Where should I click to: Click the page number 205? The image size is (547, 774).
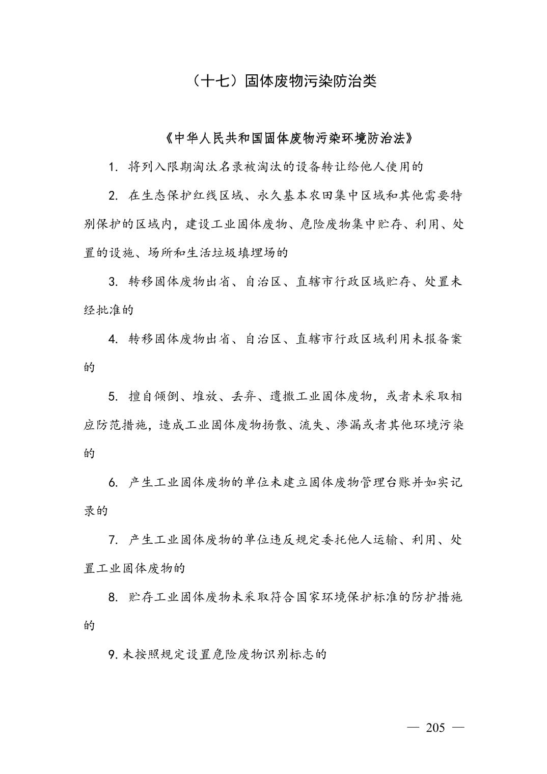[x=435, y=728]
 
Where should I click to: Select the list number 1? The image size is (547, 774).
[x=113, y=167]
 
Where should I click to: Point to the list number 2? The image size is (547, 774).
[x=113, y=196]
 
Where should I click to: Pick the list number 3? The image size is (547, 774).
[x=113, y=282]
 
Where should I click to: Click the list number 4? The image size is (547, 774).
[x=113, y=339]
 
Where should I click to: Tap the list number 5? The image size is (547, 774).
[x=113, y=397]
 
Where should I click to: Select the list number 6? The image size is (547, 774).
[x=113, y=483]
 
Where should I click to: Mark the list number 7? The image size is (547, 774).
[x=113, y=540]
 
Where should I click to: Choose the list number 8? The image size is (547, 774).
[x=113, y=597]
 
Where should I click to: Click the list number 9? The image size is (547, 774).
[x=113, y=655]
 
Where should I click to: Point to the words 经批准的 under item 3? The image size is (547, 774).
[x=108, y=310]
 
